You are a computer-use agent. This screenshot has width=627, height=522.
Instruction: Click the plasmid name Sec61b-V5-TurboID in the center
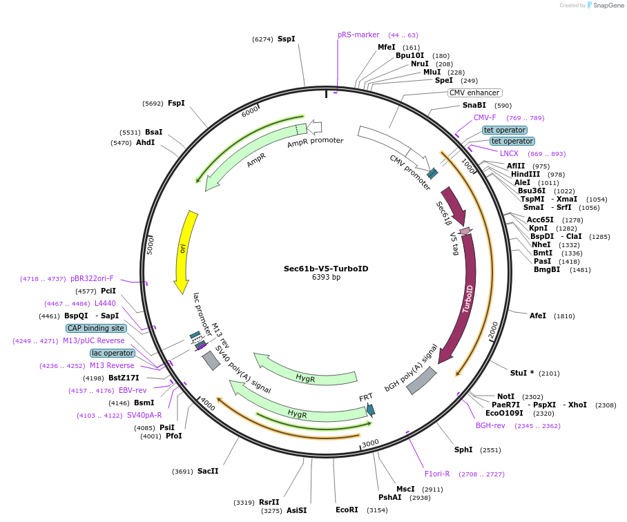point(326,268)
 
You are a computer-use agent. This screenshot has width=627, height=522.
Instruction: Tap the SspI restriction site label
point(286,39)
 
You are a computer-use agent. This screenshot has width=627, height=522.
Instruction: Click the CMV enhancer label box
point(474,93)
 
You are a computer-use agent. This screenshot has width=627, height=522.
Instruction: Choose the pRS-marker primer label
point(358,35)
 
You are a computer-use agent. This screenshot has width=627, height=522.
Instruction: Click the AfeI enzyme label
point(537,316)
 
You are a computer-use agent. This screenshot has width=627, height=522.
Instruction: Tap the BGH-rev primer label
point(490,425)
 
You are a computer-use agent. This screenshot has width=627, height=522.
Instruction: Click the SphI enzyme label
point(463,449)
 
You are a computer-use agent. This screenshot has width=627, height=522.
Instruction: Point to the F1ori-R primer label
point(437,474)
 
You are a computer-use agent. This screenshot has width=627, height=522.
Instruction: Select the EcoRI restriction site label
point(347,510)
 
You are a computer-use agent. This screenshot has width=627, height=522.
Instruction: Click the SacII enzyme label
point(207,471)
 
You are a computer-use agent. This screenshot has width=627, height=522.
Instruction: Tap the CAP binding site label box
point(96,328)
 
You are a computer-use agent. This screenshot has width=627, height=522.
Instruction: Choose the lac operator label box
point(113,353)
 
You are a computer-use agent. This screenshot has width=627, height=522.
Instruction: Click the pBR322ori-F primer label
point(92,279)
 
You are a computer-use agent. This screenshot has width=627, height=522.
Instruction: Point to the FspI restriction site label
point(176,103)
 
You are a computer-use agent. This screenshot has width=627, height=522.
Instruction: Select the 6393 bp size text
point(326,277)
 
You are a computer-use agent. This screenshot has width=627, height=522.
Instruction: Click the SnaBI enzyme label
point(474,106)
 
